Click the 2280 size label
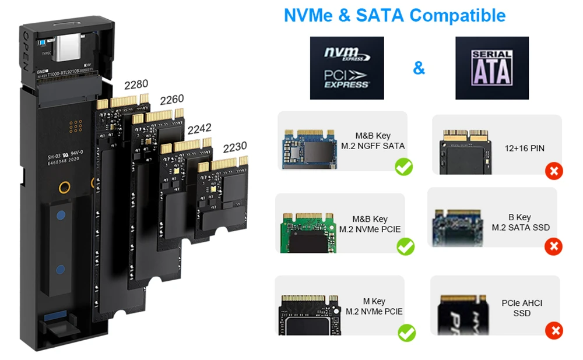point(136,84)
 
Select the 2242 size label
point(199,128)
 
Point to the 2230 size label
point(235,147)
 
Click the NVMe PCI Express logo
point(347,68)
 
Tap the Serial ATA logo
point(491,68)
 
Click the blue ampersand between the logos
point(419,68)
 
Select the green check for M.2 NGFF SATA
point(403,167)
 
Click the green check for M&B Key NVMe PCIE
point(405,246)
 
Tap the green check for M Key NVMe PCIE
point(406,333)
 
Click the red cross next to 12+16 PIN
point(553,171)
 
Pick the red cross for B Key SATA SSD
point(553,246)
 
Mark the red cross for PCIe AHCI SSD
point(553,331)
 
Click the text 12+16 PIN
point(525,149)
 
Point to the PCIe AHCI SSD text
point(522,308)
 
